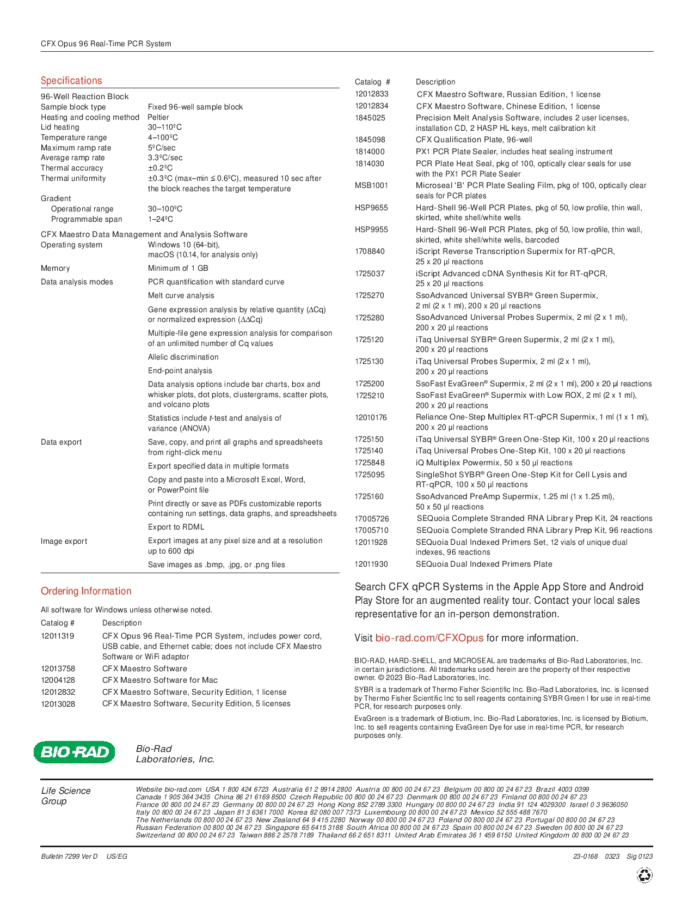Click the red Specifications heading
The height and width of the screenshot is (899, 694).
point(71,81)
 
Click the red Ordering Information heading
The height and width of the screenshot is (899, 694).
point(86,591)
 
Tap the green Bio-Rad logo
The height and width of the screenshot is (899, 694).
point(75,752)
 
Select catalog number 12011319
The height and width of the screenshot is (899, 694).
point(58,636)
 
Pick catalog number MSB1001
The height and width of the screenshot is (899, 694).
point(371,185)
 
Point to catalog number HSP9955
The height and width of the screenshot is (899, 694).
point(371,229)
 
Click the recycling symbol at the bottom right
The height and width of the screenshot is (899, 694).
point(644,875)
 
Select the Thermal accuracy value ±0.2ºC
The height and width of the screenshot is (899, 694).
point(160,168)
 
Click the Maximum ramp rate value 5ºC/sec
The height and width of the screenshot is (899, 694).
point(162,148)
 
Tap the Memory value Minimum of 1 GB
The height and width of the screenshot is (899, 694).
point(178,268)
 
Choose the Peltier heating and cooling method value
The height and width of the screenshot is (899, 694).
point(158,117)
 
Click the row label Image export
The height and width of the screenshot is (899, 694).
point(64,541)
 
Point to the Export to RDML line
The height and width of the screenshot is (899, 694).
point(176,527)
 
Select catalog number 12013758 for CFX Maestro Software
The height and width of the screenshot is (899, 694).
point(58,669)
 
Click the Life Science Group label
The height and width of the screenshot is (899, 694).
point(65,795)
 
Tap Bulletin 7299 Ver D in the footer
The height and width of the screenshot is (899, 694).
point(69,856)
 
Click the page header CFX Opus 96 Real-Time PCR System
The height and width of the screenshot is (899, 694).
point(106,44)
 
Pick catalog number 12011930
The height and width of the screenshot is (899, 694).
point(371,564)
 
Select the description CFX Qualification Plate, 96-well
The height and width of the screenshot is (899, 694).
point(474,139)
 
